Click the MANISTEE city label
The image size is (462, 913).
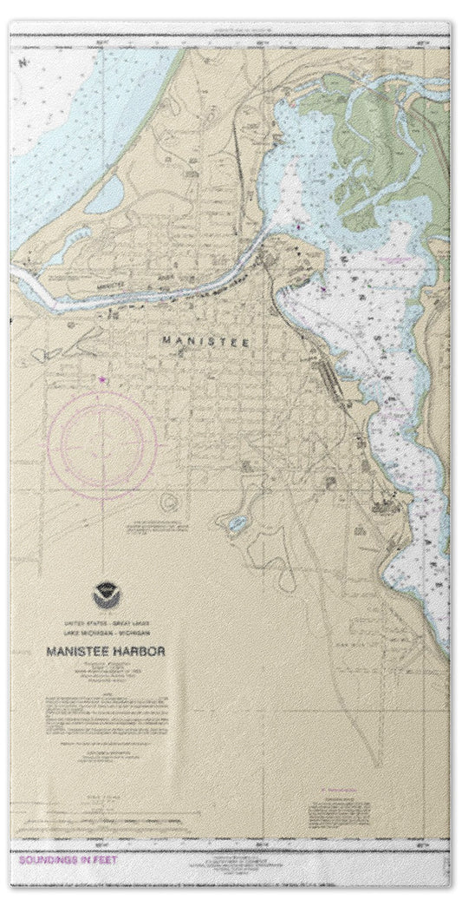point(206,342)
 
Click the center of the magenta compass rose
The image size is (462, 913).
point(103,444)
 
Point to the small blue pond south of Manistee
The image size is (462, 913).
point(235,524)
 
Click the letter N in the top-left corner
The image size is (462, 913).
point(23,63)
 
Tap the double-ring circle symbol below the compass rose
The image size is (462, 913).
point(167,501)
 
